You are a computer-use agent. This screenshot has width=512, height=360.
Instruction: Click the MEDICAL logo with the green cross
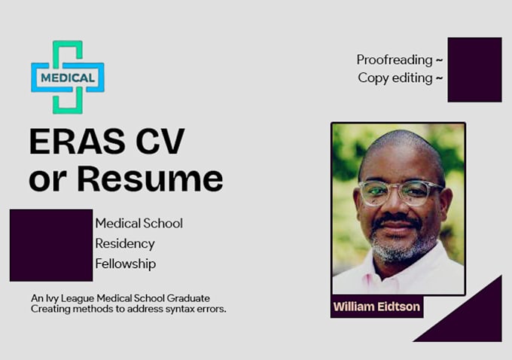[x=68, y=77]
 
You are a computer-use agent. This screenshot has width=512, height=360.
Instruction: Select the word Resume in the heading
[x=151, y=179]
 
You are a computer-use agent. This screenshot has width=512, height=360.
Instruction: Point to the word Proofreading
[x=395, y=59]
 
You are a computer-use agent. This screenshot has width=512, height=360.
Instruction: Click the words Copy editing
[x=395, y=78]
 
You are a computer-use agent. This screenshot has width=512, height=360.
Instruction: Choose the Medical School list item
[x=139, y=224]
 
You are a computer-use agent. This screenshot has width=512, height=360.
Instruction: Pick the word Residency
[x=125, y=244]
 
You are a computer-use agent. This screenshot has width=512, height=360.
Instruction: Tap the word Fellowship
[x=126, y=264]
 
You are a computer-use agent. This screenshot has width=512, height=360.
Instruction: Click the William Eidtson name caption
[x=376, y=307]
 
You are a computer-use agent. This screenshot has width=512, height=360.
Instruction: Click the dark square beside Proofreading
[x=474, y=69]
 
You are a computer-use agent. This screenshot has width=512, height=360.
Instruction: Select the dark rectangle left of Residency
[x=51, y=245]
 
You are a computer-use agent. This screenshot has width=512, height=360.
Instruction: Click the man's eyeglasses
[x=400, y=192]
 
